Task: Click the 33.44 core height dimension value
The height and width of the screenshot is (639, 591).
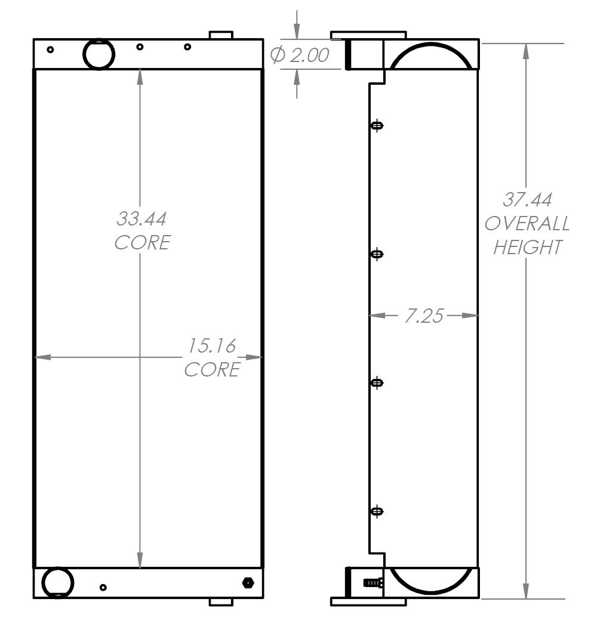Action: (141, 219)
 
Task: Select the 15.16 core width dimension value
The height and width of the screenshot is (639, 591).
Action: (211, 345)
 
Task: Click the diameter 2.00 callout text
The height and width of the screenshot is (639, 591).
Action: (300, 55)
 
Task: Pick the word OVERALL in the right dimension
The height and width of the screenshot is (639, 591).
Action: (527, 224)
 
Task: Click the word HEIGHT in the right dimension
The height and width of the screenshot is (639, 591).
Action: (527, 247)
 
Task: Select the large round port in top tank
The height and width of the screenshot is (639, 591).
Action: (98, 54)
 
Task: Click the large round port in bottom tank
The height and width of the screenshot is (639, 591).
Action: (58, 582)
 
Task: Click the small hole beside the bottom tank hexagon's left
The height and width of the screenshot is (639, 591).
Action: (103, 588)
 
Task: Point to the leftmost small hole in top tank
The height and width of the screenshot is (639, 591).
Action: (50, 50)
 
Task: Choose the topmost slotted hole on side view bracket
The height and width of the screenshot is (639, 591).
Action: (377, 125)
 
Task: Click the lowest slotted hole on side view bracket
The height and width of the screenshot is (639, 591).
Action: (377, 511)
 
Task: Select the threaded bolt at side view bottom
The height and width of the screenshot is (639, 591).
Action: (372, 583)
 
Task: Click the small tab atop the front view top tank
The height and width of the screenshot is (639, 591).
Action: (220, 35)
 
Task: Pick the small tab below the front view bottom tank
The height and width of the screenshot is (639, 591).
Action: (220, 602)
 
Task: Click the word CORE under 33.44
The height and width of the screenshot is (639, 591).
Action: (142, 243)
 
